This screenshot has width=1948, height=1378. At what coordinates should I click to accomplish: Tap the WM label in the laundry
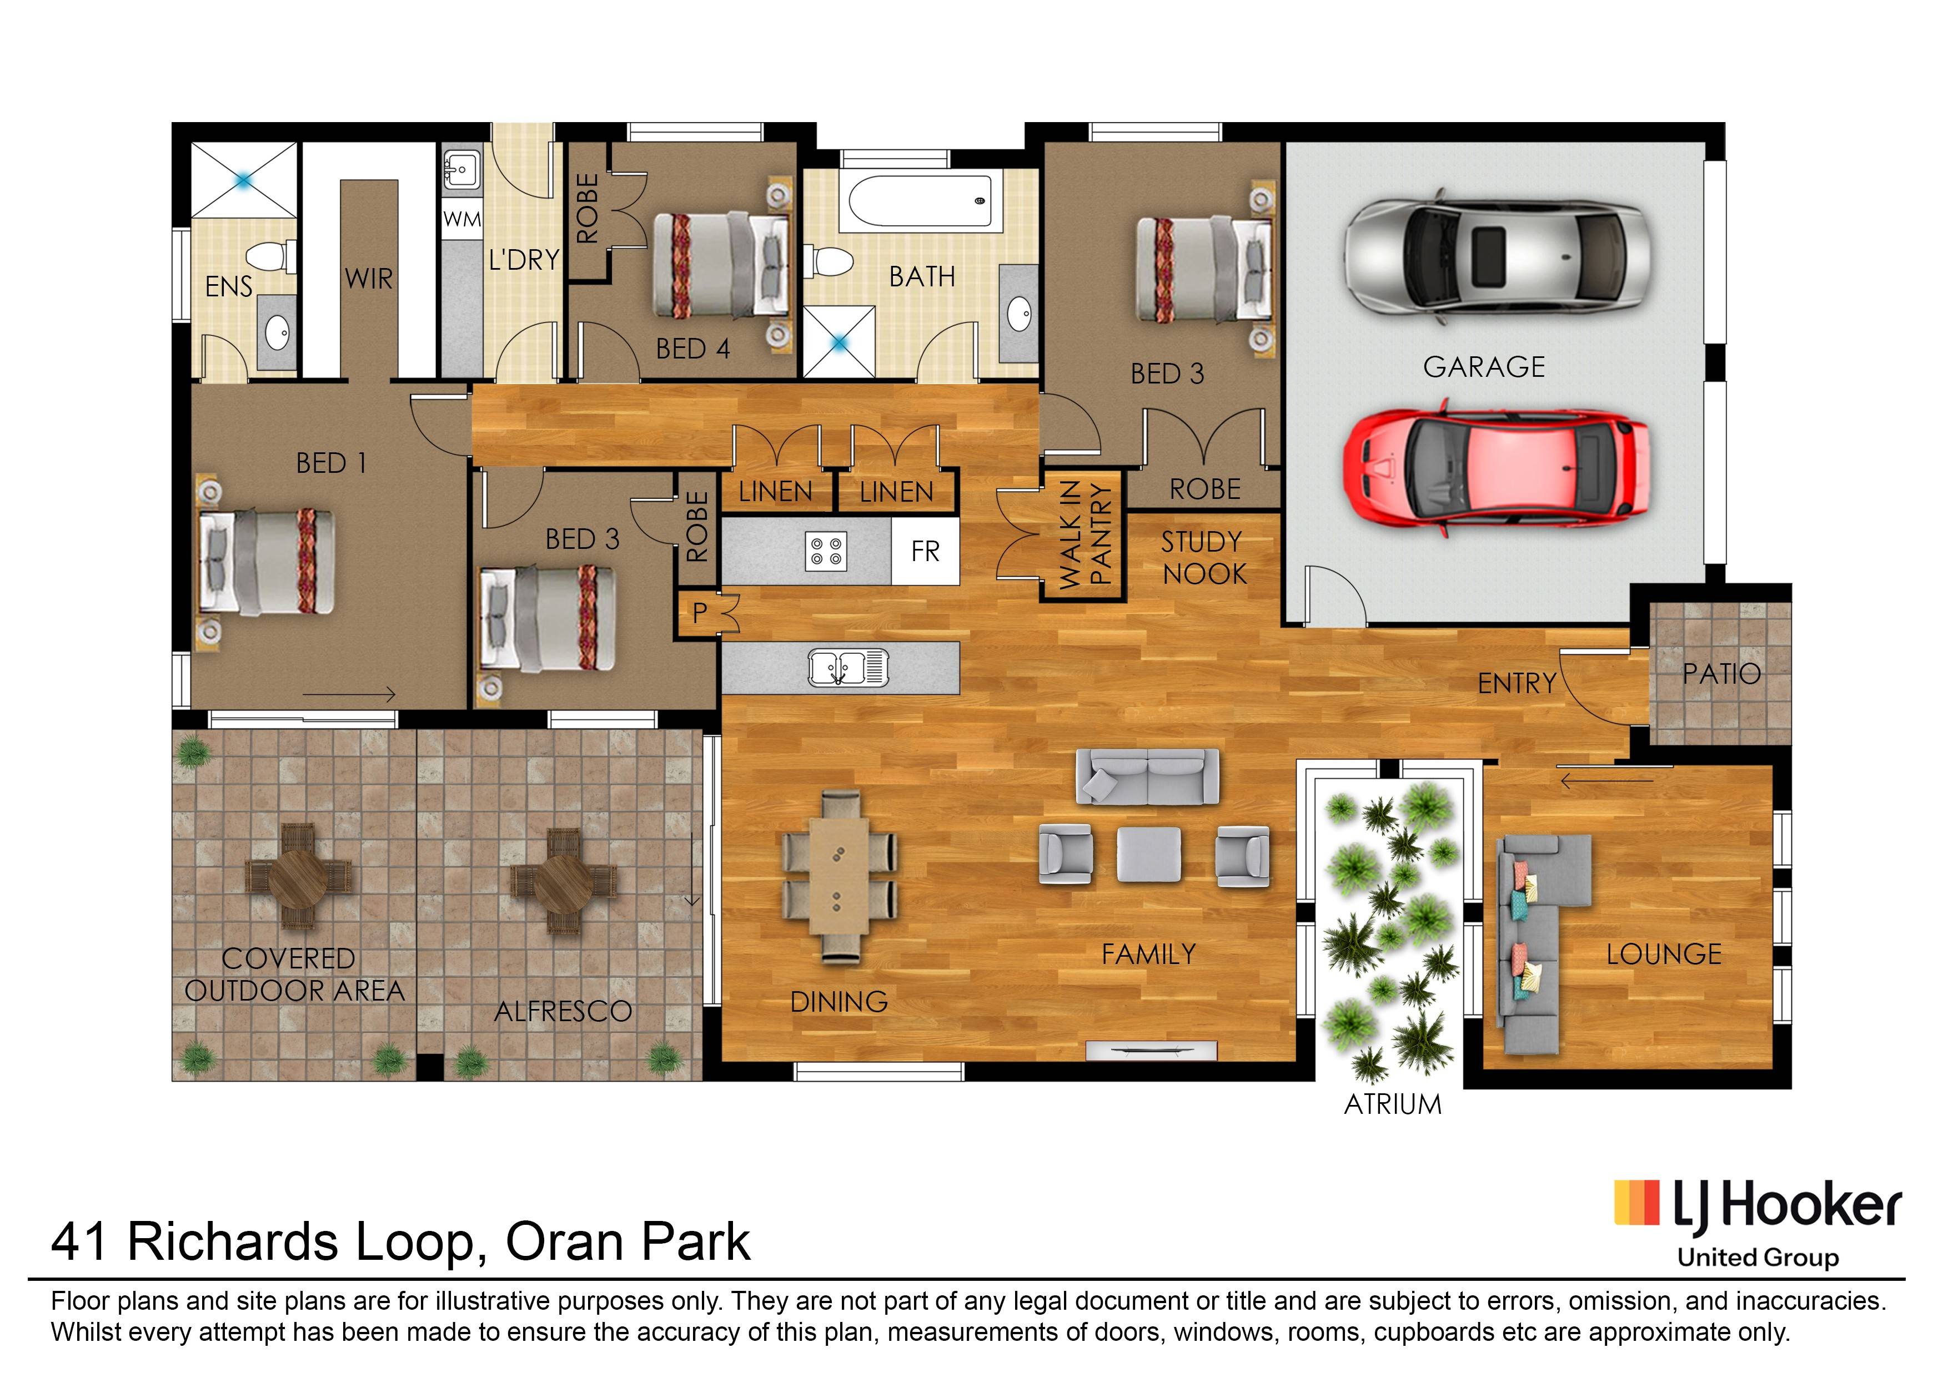pos(462,220)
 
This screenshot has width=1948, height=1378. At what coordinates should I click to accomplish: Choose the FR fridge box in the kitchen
pos(925,552)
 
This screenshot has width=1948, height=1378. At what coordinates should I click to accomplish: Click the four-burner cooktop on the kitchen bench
pos(826,552)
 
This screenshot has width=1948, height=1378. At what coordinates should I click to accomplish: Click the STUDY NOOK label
pos(1203,558)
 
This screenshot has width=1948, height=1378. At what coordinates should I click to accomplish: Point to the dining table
pos(839,876)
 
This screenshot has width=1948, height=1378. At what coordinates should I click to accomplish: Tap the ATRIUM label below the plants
pos(1393,1104)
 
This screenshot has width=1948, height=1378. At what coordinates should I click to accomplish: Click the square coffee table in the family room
pos(1148,854)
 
